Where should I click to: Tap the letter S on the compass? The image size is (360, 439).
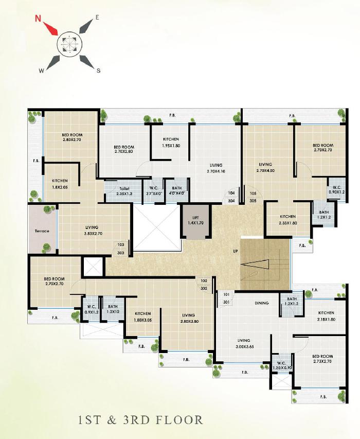[98, 71]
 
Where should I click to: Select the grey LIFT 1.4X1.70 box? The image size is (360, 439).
[194, 221]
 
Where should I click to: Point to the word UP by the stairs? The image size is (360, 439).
[235, 252]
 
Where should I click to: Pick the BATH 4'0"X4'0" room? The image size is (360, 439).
[176, 191]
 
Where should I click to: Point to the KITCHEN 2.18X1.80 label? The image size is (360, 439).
[326, 316]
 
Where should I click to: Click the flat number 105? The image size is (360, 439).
[253, 194]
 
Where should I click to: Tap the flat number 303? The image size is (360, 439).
[121, 253]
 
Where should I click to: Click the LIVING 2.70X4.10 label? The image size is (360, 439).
[217, 168]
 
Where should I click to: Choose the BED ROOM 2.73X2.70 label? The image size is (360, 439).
[322, 359]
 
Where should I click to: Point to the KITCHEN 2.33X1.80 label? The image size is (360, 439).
[287, 220]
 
